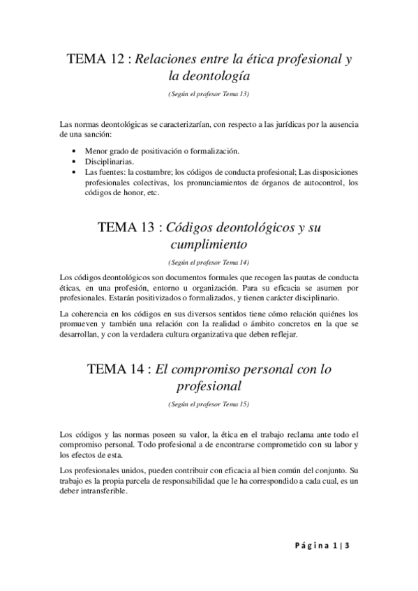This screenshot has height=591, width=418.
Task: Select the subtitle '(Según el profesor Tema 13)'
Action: click(209, 93)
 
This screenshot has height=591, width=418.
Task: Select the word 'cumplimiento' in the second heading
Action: click(209, 245)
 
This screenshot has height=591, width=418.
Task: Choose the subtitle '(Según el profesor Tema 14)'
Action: click(209, 263)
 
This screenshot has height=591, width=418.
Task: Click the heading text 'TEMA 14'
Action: click(114, 370)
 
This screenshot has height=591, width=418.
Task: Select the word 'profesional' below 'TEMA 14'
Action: click(209, 386)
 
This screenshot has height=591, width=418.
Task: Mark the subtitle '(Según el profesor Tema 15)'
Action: click(209, 404)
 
